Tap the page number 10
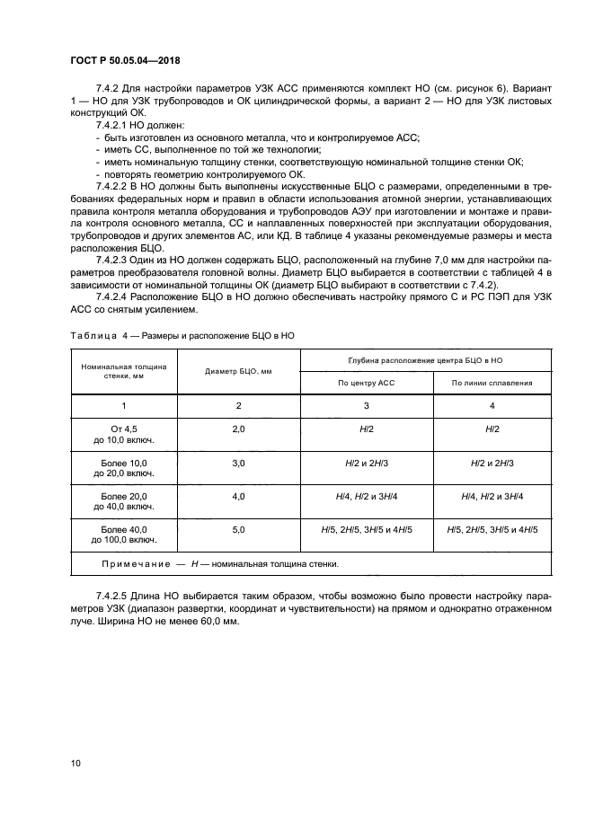(75, 763)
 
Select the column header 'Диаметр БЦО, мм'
(238, 371)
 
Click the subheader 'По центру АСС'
(366, 382)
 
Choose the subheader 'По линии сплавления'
(492, 382)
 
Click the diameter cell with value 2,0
(238, 430)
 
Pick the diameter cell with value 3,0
(238, 463)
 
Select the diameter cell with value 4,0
(238, 495)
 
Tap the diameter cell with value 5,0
(238, 530)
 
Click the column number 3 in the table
(366, 405)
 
